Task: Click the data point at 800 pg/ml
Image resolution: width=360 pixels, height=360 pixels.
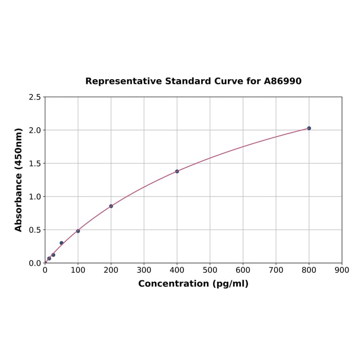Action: [309, 128]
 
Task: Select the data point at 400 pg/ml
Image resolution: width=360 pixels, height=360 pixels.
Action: [177, 171]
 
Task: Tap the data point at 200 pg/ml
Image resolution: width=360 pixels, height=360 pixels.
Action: [111, 206]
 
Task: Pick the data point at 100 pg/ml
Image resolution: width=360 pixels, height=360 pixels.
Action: [78, 231]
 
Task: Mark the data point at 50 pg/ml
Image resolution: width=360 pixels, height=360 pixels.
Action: [62, 243]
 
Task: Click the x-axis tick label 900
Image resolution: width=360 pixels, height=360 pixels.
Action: [342, 270]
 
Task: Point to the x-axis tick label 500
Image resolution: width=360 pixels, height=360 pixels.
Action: [210, 270]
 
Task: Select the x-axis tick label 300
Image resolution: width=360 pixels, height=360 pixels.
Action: [144, 270]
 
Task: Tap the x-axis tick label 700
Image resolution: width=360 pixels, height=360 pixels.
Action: [276, 270]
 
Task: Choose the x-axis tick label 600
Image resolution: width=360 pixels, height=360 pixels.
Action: [243, 270]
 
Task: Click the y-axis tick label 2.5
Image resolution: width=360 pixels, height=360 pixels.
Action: [35, 97]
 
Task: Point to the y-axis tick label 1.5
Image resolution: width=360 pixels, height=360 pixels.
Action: [35, 164]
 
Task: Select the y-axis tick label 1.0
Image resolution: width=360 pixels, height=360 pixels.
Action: [35, 196]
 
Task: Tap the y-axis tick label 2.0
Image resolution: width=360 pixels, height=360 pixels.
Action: [35, 130]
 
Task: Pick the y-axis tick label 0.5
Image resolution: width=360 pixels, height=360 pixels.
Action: [35, 230]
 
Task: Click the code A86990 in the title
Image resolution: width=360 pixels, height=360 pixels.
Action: [283, 81]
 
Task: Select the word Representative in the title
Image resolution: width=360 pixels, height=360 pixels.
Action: [123, 81]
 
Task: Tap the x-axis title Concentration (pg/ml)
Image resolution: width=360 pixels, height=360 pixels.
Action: [193, 284]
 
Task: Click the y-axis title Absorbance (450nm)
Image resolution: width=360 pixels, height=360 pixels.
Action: [19, 180]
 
